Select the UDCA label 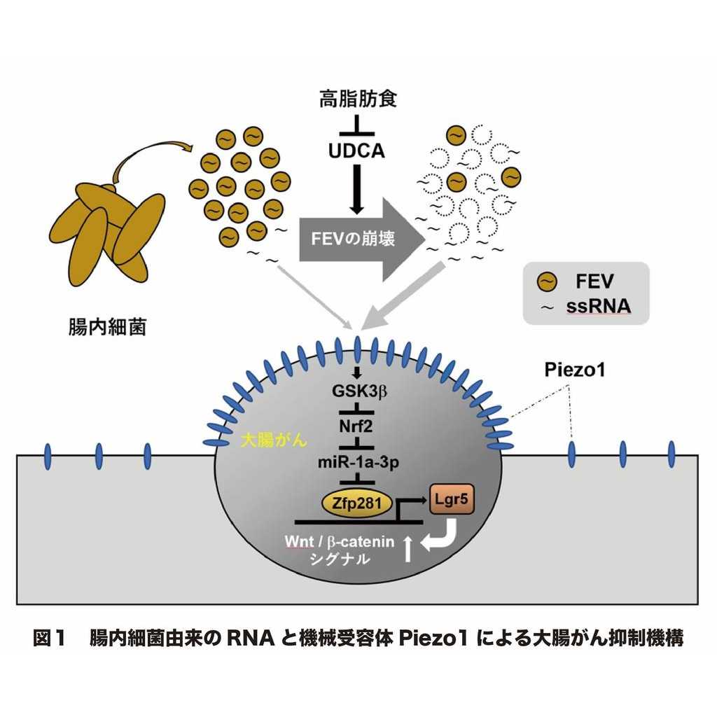pyautogui.click(x=357, y=150)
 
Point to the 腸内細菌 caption pyautogui.click(x=104, y=327)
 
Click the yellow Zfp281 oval pyautogui.click(x=356, y=501)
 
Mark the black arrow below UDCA pyautogui.click(x=357, y=187)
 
